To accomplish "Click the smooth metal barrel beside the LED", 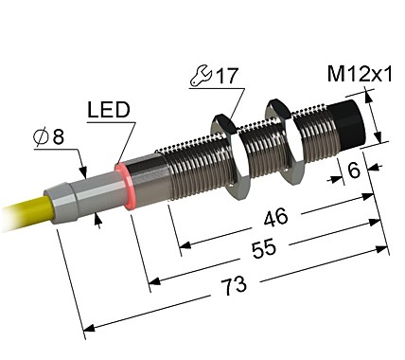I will tap(149, 176).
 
